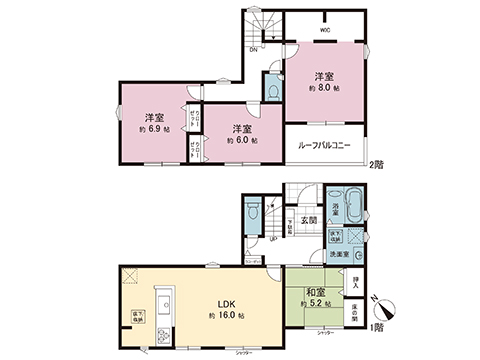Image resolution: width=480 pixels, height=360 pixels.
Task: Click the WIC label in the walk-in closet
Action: click(325, 30)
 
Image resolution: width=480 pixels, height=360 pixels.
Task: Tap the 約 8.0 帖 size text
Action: click(323, 88)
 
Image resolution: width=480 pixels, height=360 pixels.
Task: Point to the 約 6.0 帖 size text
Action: click(240, 141)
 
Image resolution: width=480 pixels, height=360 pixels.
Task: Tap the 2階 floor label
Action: click(376, 163)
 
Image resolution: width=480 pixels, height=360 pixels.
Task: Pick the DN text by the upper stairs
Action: click(254, 48)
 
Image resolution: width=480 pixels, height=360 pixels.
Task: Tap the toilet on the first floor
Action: click(252, 214)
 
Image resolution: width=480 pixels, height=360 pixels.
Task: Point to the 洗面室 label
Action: click(339, 254)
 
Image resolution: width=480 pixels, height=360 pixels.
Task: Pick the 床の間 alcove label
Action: click(356, 317)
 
